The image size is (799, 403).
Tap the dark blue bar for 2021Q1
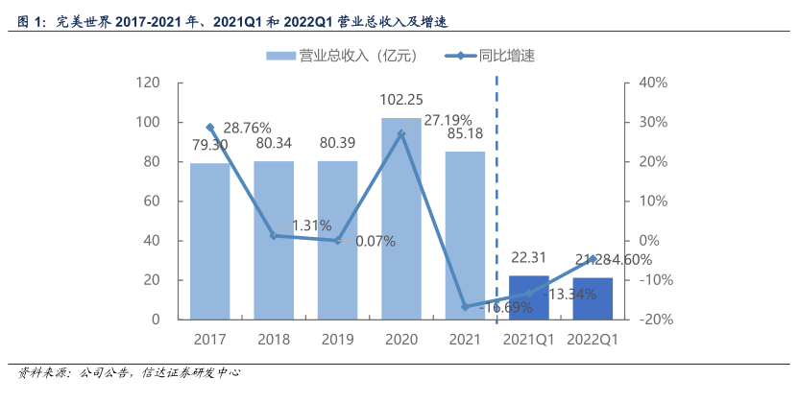528,297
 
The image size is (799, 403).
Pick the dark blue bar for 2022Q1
593,298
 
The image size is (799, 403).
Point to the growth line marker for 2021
465,307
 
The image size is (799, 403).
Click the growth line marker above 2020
400,133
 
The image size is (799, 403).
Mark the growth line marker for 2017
209,127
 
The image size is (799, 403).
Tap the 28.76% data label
248,127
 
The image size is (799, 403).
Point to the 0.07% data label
375,241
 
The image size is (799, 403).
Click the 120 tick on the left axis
148,83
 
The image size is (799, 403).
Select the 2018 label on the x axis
274,340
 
